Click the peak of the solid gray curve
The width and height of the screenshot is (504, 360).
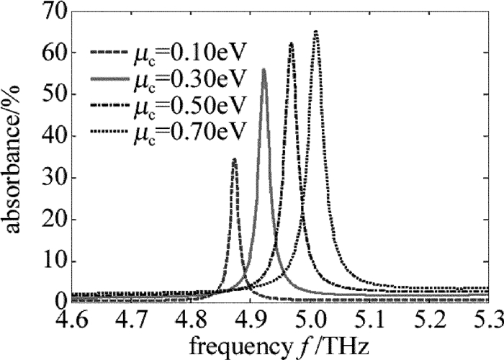[264, 69]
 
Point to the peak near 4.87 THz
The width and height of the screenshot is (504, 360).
[234, 159]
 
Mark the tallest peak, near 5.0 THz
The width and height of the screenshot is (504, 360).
[315, 31]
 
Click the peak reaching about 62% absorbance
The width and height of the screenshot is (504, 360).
[291, 43]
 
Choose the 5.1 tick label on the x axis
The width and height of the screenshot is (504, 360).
[374, 318]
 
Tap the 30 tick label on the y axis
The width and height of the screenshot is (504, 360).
[54, 178]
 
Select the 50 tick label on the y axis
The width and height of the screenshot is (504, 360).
[54, 94]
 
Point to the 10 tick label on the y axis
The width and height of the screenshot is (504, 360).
[54, 261]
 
